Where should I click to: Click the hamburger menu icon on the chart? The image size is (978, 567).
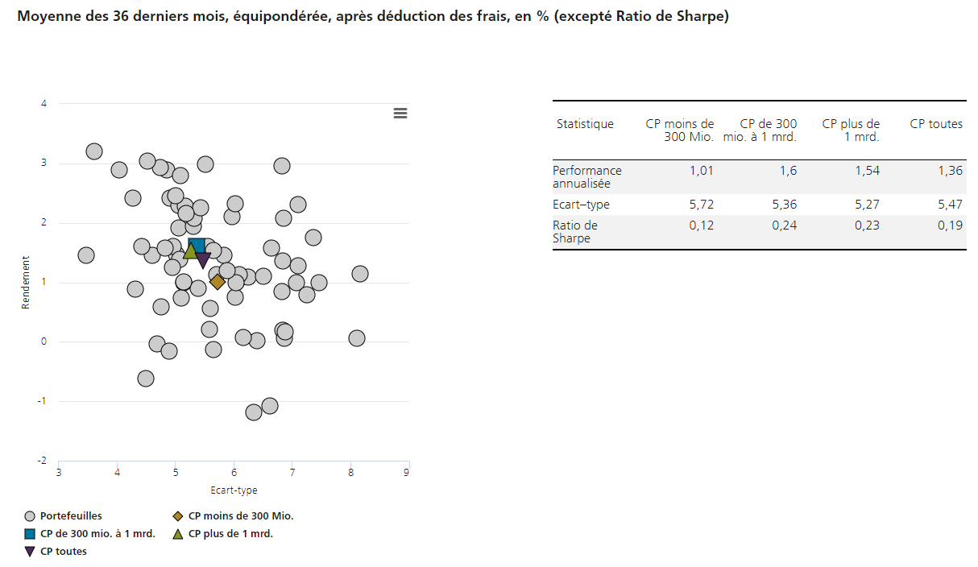pyautogui.click(x=400, y=114)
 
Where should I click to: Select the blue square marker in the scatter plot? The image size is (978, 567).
pyautogui.click(x=197, y=246)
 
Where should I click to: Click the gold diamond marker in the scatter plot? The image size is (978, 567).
pyautogui.click(x=218, y=281)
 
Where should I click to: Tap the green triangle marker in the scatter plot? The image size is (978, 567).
pyautogui.click(x=190, y=251)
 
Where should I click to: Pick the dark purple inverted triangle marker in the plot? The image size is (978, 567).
pyautogui.click(x=203, y=259)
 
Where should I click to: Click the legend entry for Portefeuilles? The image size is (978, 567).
pyautogui.click(x=71, y=516)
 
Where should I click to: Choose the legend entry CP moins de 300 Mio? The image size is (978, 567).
pyautogui.click(x=240, y=516)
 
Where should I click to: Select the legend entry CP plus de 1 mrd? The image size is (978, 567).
pyautogui.click(x=230, y=534)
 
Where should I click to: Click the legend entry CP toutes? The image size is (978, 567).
pyautogui.click(x=63, y=552)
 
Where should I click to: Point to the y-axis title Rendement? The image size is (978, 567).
pyautogui.click(x=26, y=283)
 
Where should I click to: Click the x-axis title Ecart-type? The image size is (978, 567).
pyautogui.click(x=234, y=490)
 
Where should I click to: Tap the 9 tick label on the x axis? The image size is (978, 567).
pyautogui.click(x=408, y=472)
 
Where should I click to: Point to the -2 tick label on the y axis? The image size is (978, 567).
pyautogui.click(x=42, y=461)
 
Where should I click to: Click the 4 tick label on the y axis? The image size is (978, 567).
pyautogui.click(x=44, y=104)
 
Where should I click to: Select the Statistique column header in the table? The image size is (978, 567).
pyautogui.click(x=585, y=124)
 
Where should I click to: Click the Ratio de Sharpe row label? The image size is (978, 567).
pyautogui.click(x=575, y=232)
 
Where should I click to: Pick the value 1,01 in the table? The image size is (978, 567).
pyautogui.click(x=701, y=171)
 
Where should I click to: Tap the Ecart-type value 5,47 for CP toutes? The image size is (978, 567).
pyautogui.click(x=950, y=205)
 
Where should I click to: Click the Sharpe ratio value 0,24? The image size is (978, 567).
pyautogui.click(x=785, y=226)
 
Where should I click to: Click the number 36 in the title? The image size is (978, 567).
pyautogui.click(x=122, y=16)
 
